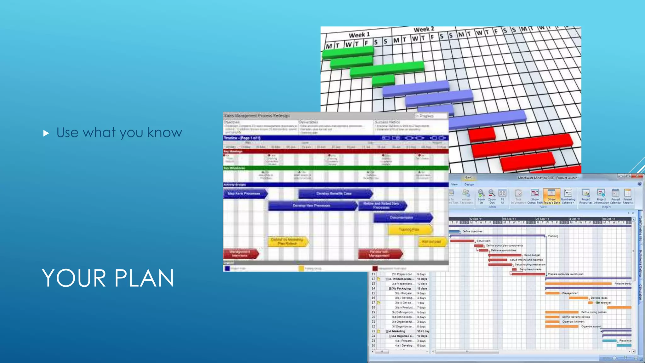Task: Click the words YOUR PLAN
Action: [108, 278]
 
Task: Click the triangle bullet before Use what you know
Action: [46, 133]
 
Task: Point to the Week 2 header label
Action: [424, 29]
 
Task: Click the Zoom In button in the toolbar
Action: [481, 196]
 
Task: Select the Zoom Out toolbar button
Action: [492, 196]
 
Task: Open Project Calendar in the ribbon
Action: [615, 196]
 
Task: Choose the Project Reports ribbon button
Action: [627, 196]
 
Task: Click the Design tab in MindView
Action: [469, 184]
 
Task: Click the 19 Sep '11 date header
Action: [509, 219]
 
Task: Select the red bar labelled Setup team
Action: [462, 241]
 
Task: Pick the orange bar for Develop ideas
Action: [579, 298]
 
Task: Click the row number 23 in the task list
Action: [373, 331]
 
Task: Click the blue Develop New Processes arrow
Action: [312, 205]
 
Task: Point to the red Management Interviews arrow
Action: [240, 254]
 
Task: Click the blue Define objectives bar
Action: [454, 231]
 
